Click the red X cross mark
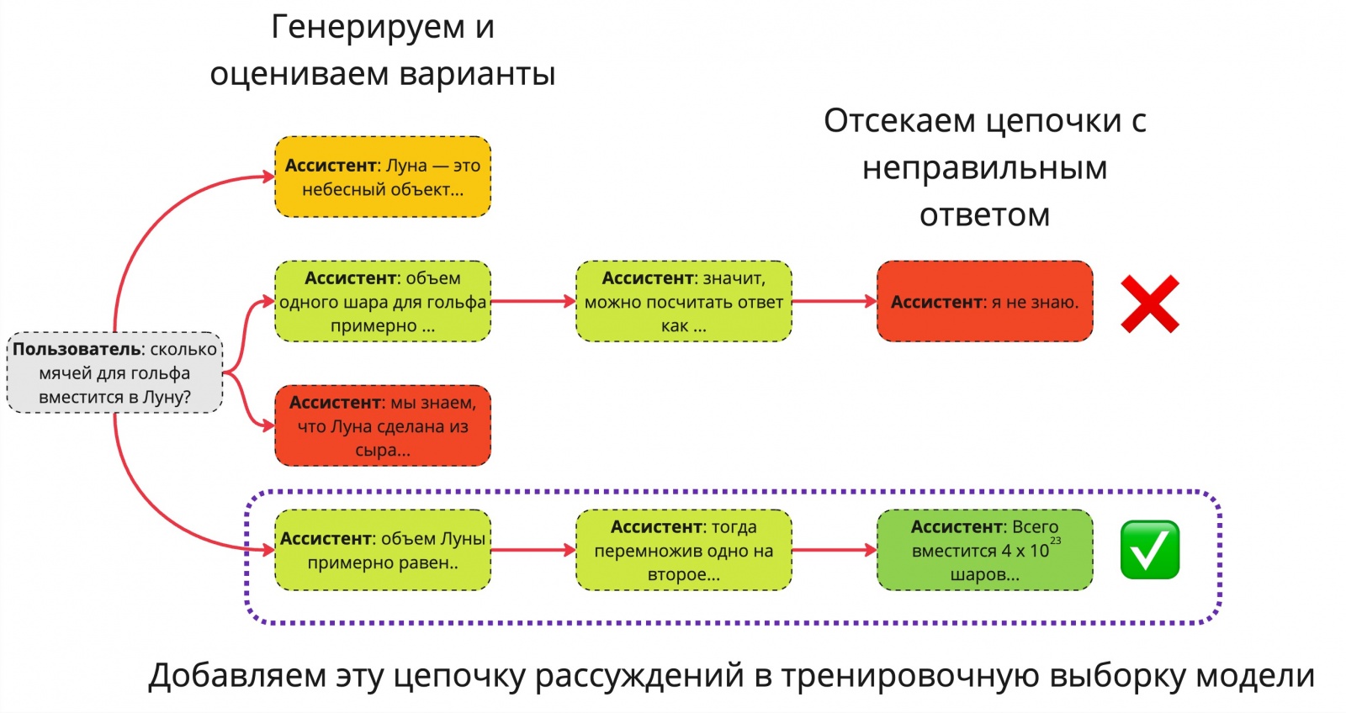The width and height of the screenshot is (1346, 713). point(1150,303)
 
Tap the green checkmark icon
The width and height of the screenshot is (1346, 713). point(1150,550)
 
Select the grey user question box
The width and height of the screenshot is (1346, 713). point(115,372)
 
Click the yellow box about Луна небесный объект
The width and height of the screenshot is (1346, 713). point(383,177)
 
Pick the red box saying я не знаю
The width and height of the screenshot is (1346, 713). point(984,302)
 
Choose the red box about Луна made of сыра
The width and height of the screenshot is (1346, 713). point(383,425)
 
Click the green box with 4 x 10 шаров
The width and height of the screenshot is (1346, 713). point(984,550)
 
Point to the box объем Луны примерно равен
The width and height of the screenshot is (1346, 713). point(383,550)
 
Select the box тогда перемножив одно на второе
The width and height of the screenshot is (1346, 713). point(683,550)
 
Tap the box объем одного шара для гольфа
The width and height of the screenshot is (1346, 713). point(383,302)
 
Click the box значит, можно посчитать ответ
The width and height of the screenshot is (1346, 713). point(683,302)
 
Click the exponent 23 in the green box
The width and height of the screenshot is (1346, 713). point(1056,541)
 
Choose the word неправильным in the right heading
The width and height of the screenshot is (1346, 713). point(984,168)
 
